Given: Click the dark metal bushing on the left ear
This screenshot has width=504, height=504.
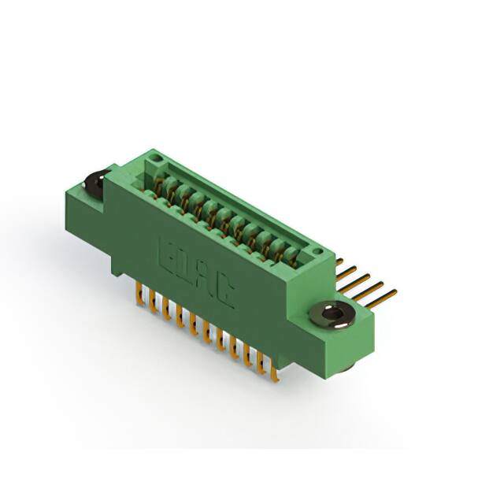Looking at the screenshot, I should [x=93, y=184].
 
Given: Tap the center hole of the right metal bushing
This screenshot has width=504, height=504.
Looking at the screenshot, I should [x=333, y=316].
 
